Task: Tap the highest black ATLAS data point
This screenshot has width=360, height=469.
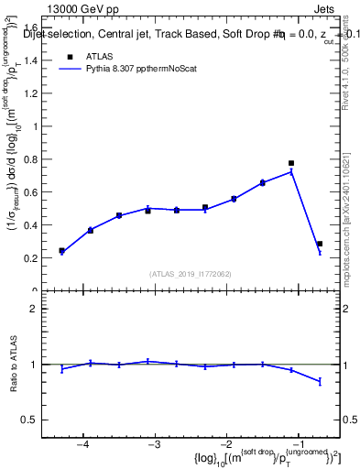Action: coord(291,163)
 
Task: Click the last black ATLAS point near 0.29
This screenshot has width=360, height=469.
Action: coord(320,244)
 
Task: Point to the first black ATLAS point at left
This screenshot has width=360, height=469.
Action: coord(61,250)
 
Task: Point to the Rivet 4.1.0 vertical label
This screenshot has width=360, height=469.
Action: coord(351,55)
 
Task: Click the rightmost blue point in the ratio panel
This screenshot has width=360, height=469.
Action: coord(320,381)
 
